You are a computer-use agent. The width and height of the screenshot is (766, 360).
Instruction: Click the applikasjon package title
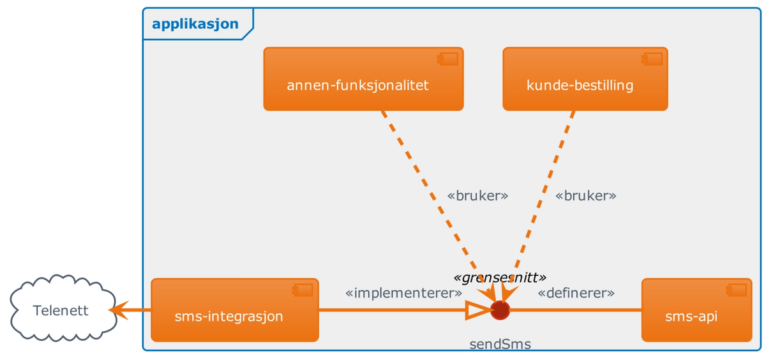point(195,24)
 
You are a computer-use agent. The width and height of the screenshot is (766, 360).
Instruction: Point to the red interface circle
point(500,310)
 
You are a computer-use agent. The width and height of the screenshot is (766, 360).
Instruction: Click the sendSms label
point(500,345)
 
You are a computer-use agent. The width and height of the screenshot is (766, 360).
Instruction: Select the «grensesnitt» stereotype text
point(500,277)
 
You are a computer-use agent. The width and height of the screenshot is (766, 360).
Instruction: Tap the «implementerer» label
point(403,294)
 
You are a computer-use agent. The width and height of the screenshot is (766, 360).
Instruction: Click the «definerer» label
point(576,294)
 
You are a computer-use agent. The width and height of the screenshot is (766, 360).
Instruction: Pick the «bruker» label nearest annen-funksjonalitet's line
point(478,196)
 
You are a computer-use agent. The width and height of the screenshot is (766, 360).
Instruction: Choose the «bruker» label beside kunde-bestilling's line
point(586,196)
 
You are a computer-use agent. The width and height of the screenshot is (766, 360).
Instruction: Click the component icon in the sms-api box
point(740,290)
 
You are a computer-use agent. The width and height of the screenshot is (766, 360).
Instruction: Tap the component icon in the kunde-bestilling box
point(652,59)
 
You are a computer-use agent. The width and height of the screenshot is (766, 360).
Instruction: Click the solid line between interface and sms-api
point(574,310)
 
